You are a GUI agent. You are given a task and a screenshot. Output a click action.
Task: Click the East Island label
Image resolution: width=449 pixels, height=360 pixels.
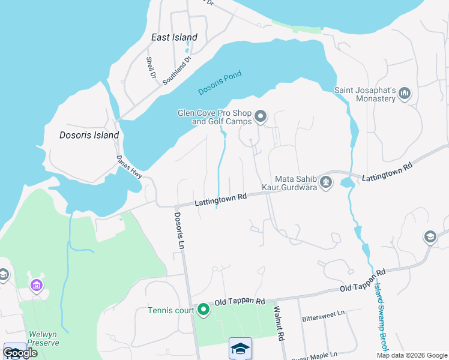pos(174,37)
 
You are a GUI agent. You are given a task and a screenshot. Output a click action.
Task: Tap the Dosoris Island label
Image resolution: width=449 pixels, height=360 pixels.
pos(89,135)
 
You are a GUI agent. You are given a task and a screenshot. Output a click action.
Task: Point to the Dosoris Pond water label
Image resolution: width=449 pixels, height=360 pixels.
pos(220,83)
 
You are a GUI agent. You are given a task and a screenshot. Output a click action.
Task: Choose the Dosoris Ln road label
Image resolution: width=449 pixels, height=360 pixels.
pos(178,230)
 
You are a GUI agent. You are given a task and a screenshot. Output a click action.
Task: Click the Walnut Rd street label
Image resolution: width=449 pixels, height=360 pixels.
pos(278,323)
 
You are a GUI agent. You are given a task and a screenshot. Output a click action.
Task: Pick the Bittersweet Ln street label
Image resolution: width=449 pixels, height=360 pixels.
pos(324,313)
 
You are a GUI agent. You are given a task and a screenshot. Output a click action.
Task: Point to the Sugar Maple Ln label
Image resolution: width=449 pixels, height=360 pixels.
pos(315,356)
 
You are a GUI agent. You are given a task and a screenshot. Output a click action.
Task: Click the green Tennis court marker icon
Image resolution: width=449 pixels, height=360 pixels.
pos(203,310)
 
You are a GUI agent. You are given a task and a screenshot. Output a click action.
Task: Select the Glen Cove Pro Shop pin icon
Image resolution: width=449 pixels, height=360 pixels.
pos(261,116)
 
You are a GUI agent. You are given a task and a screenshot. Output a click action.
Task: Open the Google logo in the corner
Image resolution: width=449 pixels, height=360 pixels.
pos(20,353)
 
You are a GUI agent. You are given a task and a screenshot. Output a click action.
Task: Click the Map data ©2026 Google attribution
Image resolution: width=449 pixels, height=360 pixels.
pos(412,355)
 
